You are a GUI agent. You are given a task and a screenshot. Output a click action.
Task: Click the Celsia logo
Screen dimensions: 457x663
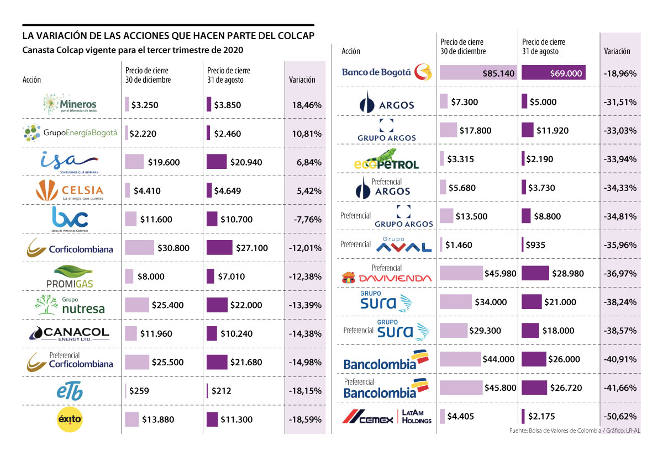coord(70,190)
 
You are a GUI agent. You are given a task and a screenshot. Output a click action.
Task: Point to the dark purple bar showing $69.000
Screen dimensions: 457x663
coord(553,73)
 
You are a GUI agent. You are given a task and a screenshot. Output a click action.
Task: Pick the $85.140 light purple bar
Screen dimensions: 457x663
coord(478,73)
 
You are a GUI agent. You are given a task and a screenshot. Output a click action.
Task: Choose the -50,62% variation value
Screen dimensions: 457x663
coord(620,416)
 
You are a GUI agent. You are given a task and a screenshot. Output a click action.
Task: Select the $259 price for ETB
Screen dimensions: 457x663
coord(139,391)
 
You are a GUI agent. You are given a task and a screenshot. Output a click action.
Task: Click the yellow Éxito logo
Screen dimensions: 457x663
coord(70,419)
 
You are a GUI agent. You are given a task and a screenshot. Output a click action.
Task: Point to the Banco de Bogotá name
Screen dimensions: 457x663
coord(376,72)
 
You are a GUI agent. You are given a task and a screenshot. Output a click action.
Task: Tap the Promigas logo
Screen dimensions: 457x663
coord(70,277)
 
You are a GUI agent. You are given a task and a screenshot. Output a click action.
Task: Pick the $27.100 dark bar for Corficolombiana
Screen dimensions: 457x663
coord(219,248)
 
